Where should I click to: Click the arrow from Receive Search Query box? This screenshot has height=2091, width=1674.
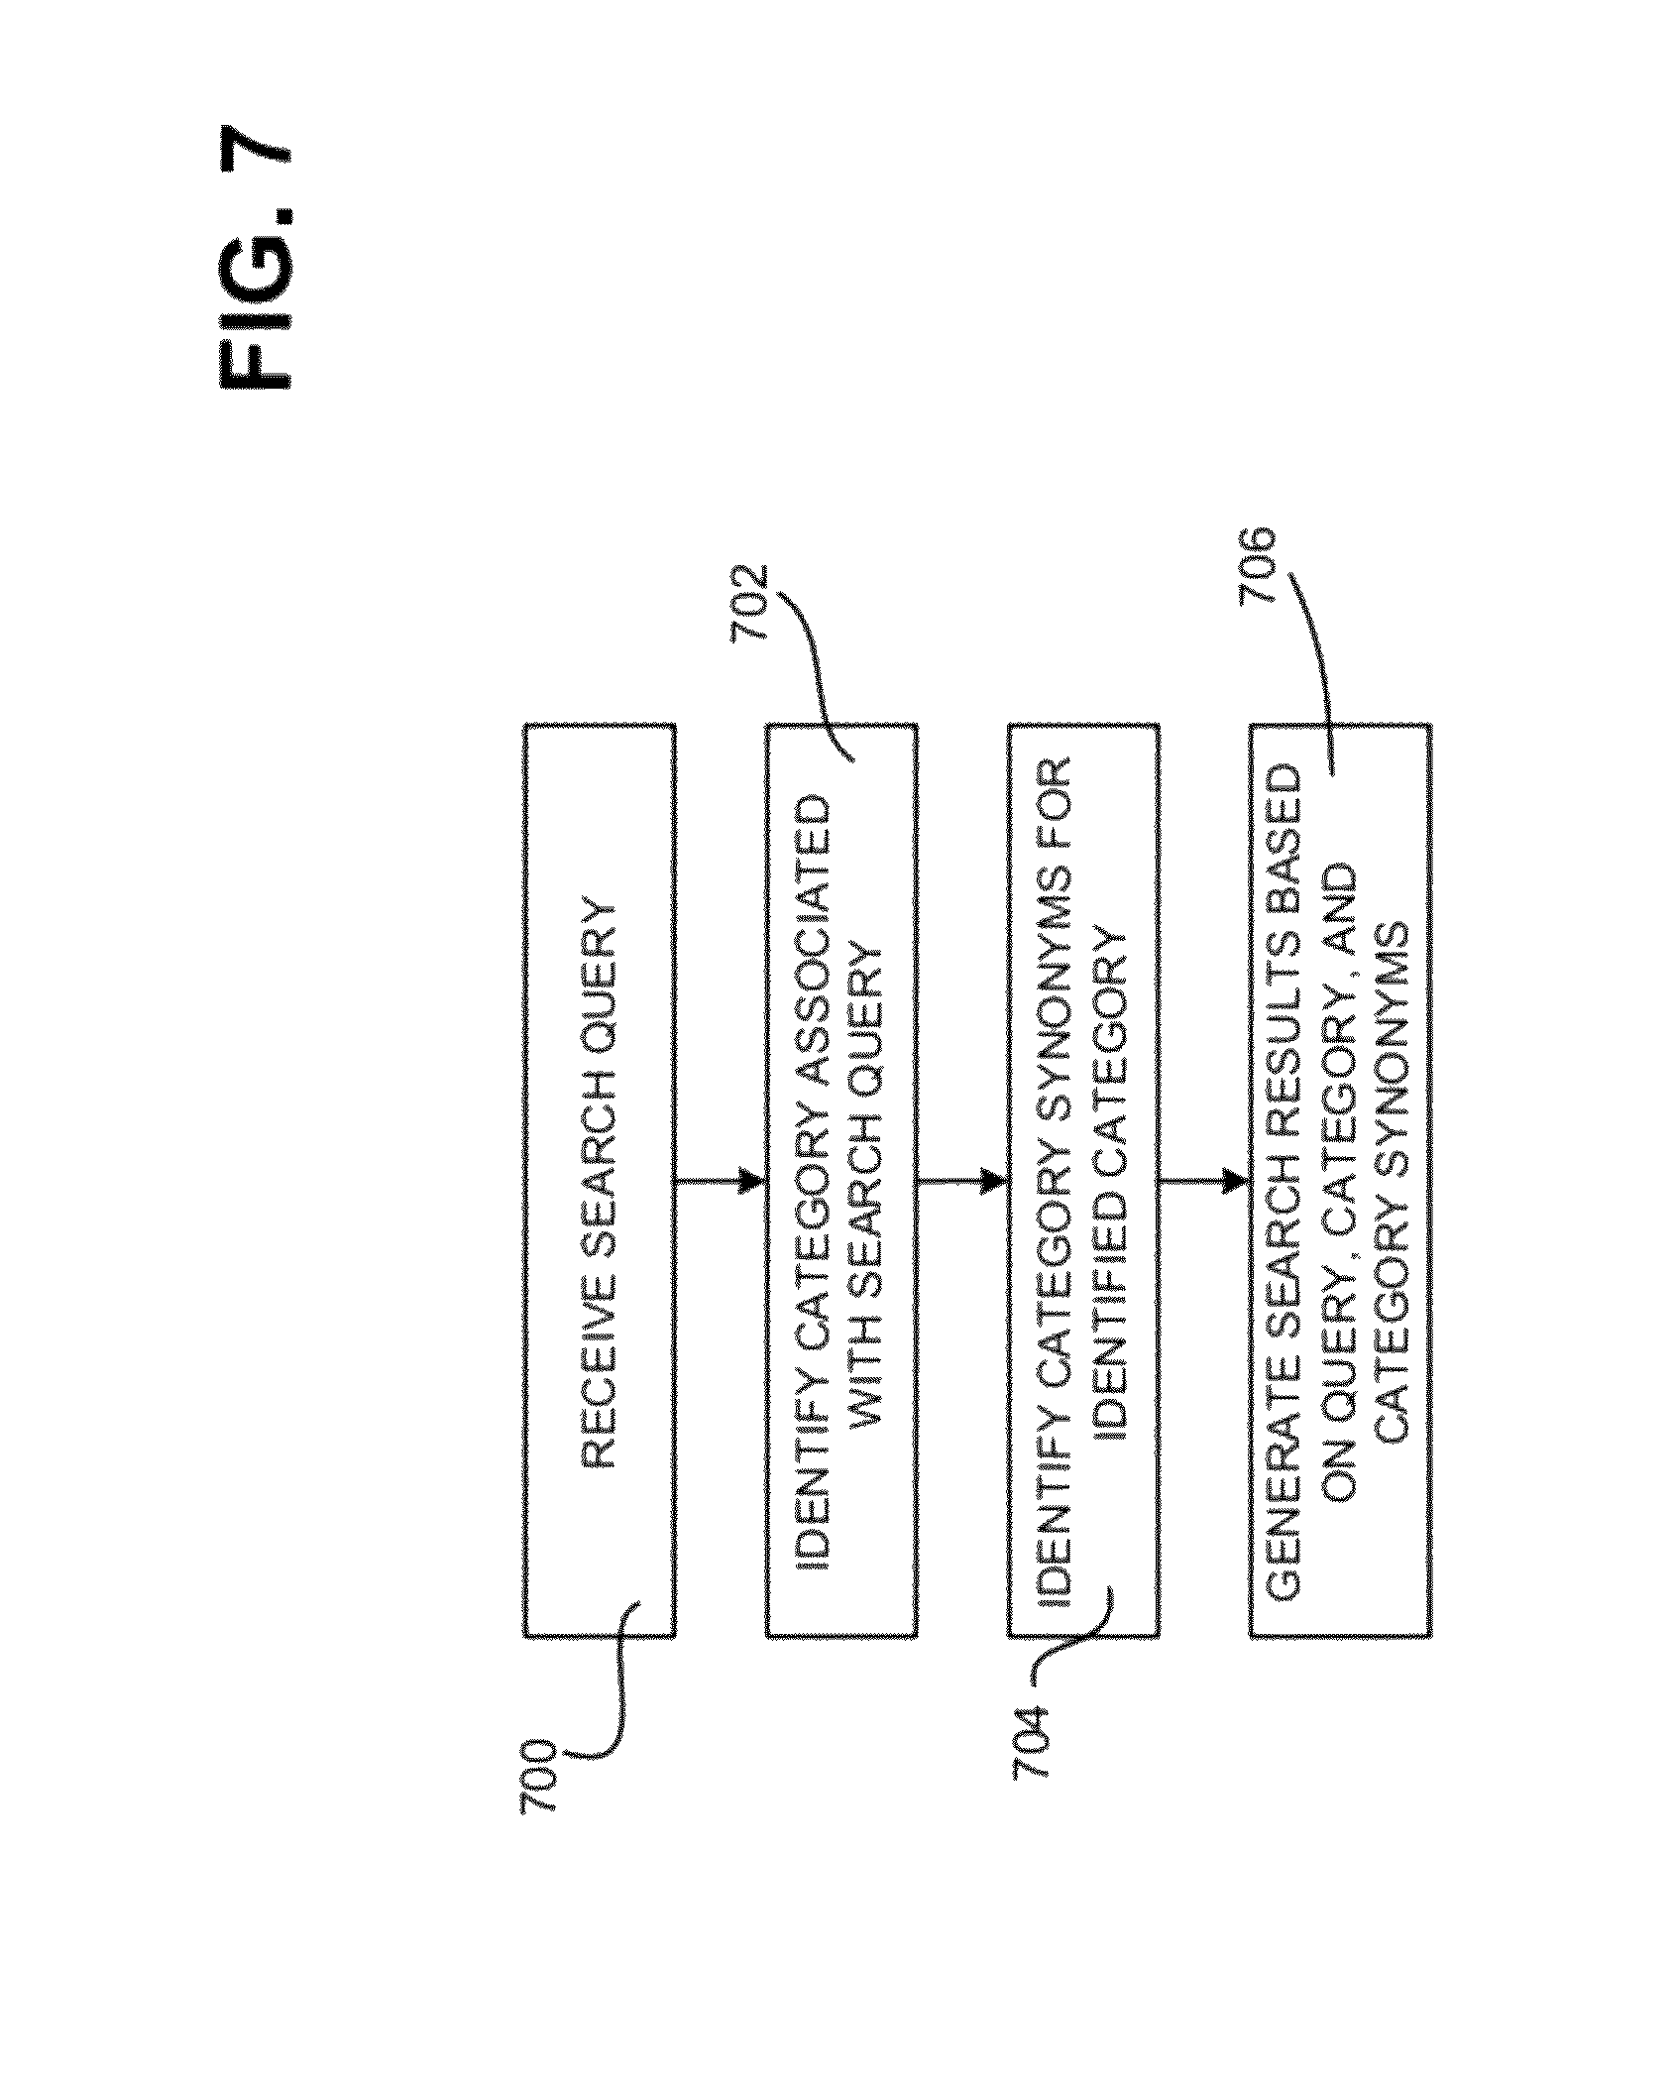(721, 1181)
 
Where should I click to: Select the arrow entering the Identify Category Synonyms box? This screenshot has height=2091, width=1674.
(962, 1181)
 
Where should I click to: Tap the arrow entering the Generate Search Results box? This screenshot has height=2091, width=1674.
(1204, 1181)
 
